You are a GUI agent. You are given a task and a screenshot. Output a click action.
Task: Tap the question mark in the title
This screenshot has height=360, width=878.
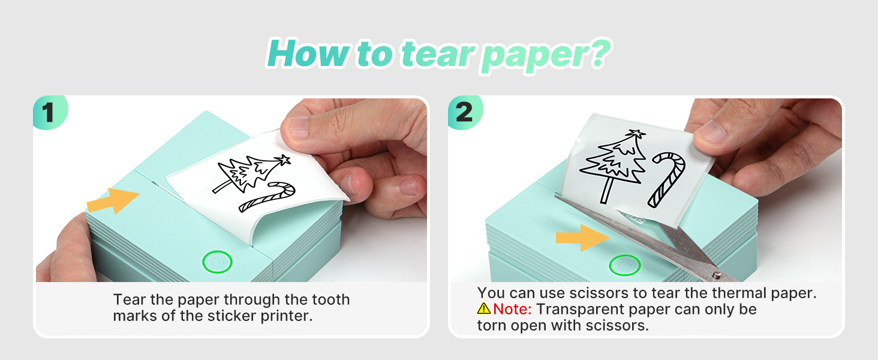(x=596, y=54)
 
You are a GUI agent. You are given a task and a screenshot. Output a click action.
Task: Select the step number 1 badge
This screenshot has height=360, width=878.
(x=49, y=113)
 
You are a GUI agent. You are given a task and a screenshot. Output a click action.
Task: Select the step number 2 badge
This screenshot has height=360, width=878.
(x=464, y=113)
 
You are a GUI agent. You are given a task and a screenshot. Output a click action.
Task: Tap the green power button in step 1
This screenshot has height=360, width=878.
(x=217, y=262)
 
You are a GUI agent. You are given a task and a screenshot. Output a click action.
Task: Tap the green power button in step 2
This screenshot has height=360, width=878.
(x=625, y=265)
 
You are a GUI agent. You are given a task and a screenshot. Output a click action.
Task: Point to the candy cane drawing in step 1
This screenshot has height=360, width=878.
(x=267, y=197)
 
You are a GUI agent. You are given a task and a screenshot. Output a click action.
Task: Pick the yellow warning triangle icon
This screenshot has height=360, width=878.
(x=483, y=310)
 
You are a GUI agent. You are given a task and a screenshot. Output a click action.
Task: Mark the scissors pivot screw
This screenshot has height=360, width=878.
(x=716, y=275)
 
